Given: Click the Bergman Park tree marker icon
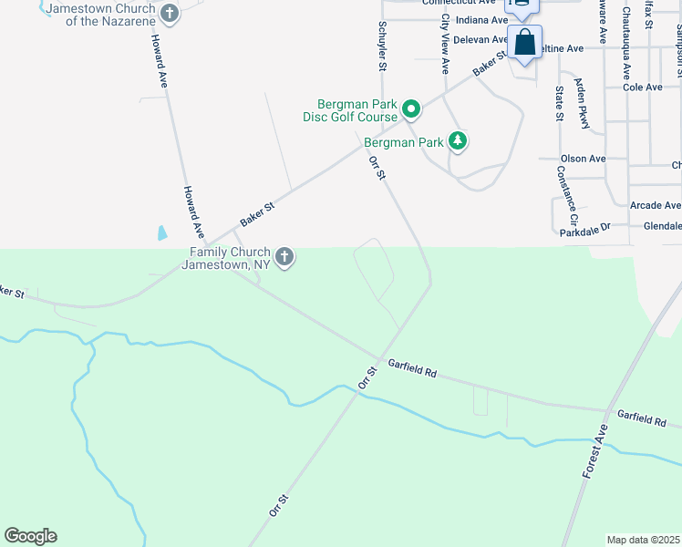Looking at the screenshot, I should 458,140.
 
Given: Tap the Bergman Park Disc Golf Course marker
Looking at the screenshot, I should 411,109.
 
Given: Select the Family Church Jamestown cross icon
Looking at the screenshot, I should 284,257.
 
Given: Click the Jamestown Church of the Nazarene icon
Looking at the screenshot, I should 169,13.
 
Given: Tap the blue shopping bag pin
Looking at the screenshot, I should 525,43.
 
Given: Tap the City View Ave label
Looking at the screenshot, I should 445,44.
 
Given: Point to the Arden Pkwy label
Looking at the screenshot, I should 582,103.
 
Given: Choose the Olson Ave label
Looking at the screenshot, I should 584,159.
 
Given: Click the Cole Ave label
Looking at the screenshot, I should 643,88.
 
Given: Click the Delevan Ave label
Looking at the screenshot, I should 480,39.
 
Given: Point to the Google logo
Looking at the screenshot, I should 30,536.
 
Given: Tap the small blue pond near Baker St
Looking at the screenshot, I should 162,232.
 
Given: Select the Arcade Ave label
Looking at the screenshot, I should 656,206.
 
